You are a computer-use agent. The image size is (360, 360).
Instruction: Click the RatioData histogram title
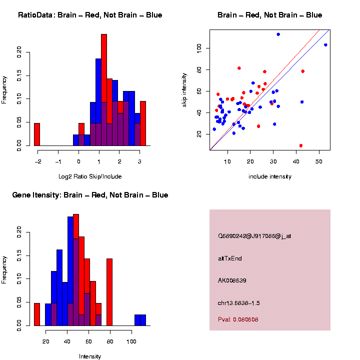(x=90, y=15)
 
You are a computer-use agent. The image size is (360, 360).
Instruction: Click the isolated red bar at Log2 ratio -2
(x=37, y=134)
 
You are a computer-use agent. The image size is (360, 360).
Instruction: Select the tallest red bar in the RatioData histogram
(x=104, y=90)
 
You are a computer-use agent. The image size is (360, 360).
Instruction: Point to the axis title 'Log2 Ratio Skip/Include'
(x=90, y=176)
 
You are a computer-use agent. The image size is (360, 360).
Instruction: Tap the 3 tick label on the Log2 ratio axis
(x=139, y=161)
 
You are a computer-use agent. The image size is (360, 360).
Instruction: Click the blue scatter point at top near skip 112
(x=278, y=34)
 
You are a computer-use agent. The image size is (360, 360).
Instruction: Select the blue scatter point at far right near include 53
(x=325, y=45)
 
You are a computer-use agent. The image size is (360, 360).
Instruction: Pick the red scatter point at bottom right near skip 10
(x=301, y=145)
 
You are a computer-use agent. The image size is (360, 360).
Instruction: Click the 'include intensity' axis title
(x=270, y=176)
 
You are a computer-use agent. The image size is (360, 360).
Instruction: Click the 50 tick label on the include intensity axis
(x=319, y=161)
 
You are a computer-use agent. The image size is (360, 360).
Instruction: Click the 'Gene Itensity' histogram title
(x=90, y=195)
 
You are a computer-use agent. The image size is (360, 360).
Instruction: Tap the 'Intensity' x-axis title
(x=90, y=356)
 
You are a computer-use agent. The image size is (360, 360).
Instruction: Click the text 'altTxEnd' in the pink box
(x=230, y=258)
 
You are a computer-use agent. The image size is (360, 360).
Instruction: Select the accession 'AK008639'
(x=232, y=280)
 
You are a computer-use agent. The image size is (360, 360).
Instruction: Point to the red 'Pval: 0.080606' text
(x=238, y=319)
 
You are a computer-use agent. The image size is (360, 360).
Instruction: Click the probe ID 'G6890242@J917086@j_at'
(x=254, y=236)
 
